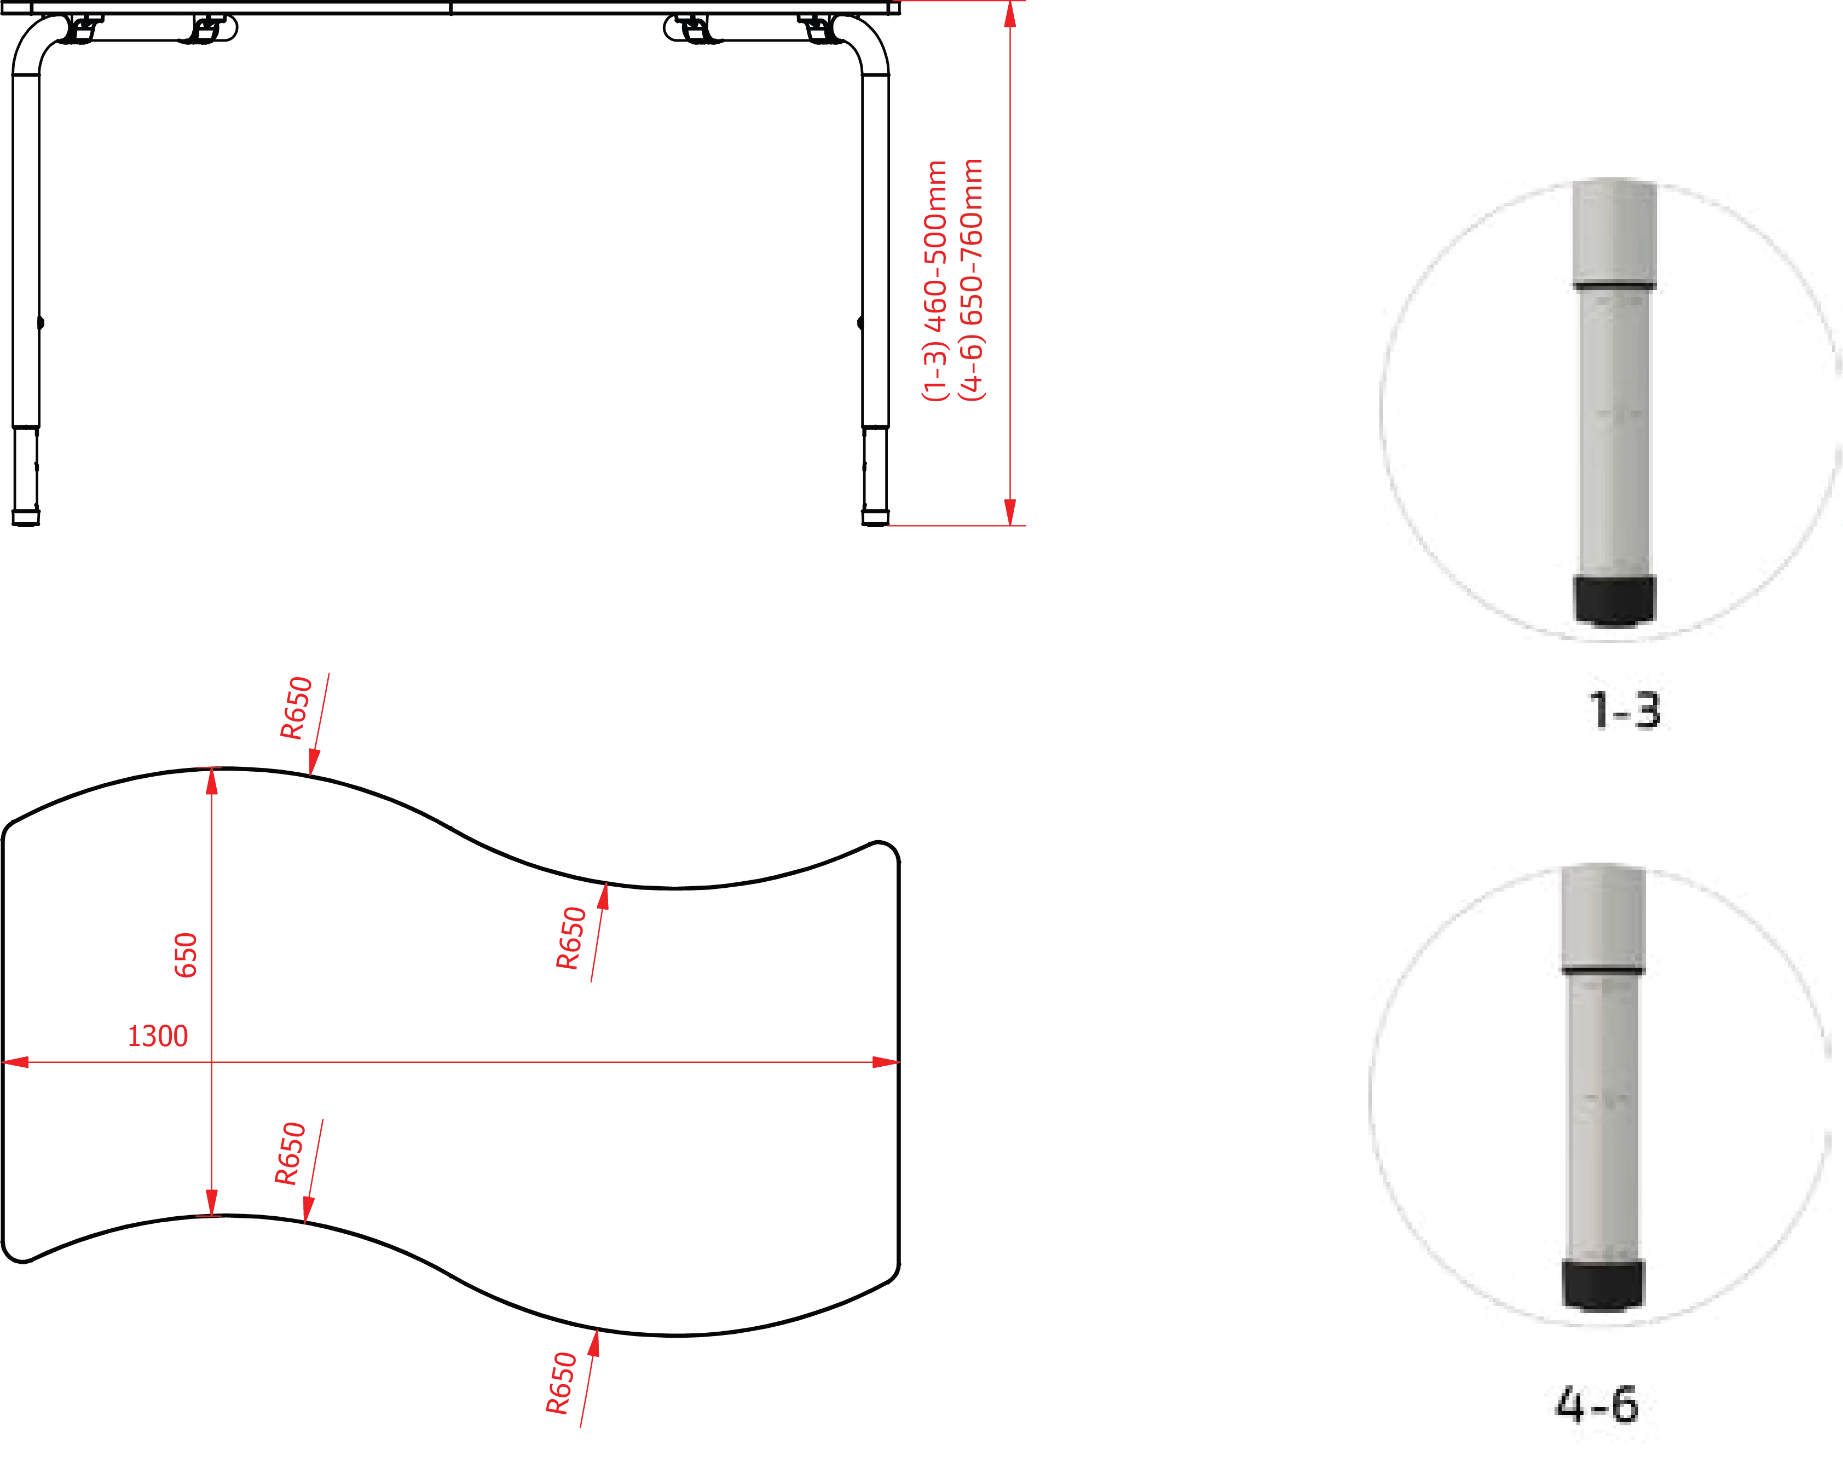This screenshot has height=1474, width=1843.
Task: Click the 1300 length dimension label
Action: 157,1036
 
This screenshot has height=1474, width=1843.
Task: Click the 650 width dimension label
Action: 186,955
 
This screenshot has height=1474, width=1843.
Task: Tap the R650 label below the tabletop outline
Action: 562,1383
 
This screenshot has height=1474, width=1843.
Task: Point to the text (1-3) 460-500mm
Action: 935,280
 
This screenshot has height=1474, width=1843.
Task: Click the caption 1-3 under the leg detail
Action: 1624,710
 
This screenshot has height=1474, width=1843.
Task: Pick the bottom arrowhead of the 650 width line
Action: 212,1202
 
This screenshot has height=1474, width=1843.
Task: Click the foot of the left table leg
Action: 26,518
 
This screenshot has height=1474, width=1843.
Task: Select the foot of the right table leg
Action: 875,518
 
